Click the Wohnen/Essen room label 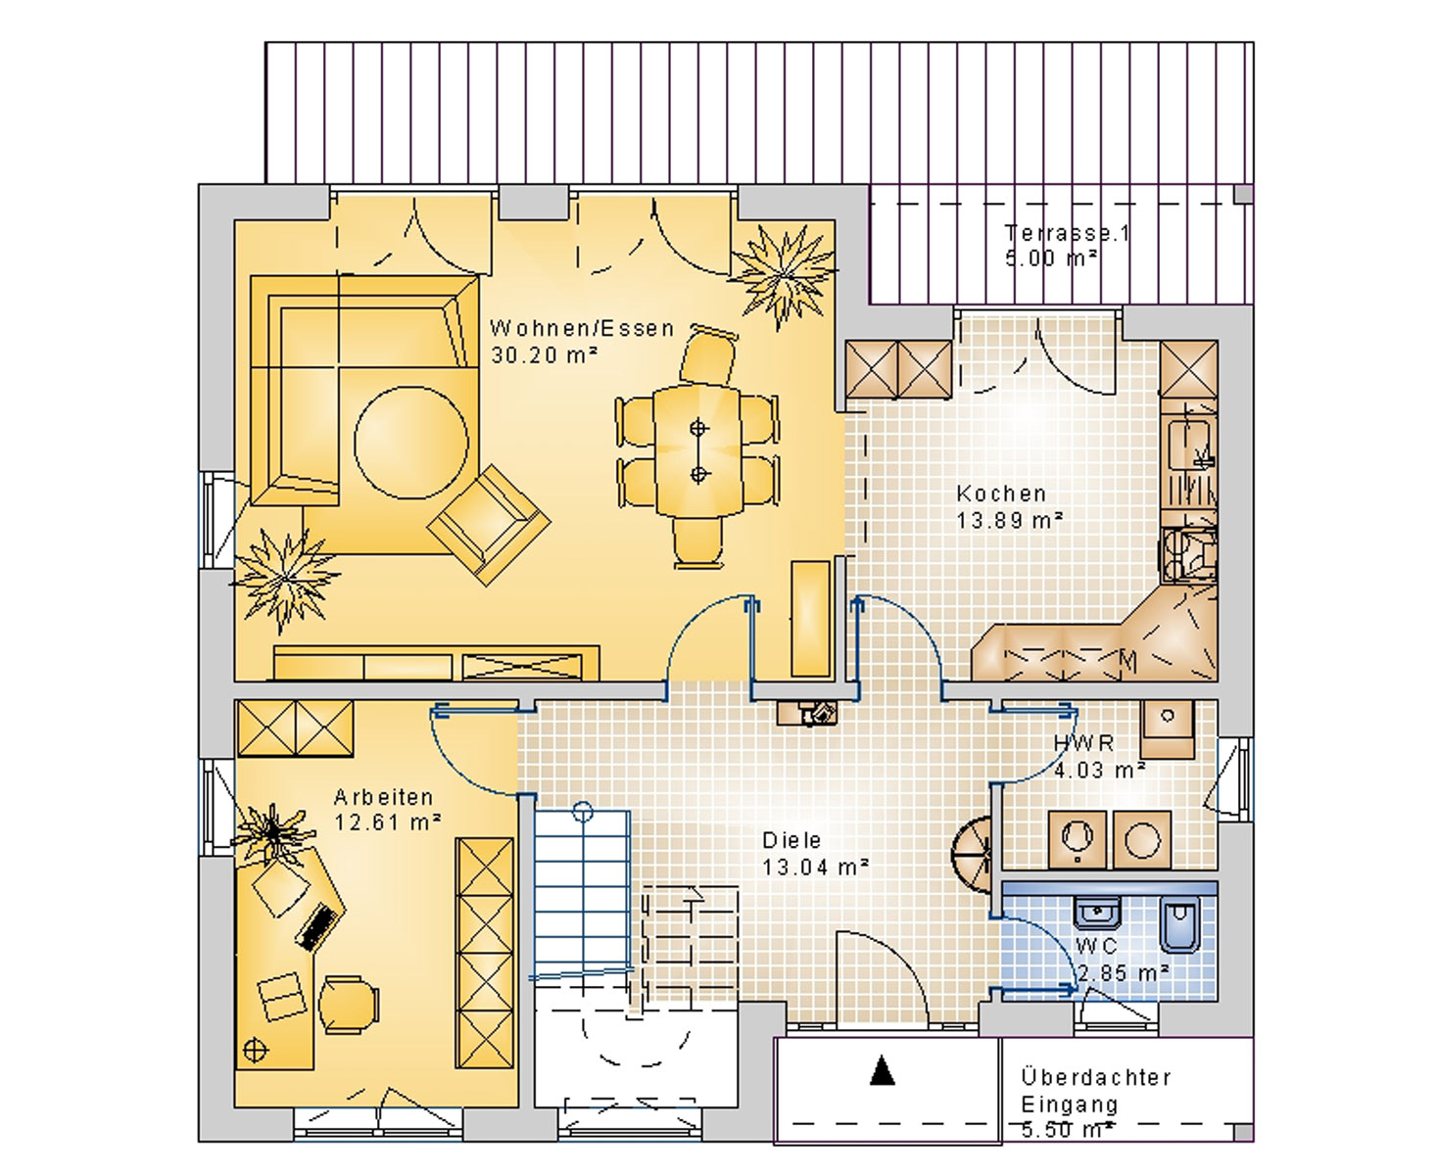click(582, 328)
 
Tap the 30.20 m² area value click(544, 354)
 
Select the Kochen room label click(1001, 493)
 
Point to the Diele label click(791, 840)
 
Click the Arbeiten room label click(383, 797)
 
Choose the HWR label click(1083, 743)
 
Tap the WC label click(1096, 946)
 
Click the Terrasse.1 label click(1067, 233)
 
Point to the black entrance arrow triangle click(883, 1069)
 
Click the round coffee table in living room click(410, 443)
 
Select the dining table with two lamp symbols click(698, 450)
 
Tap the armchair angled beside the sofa click(489, 525)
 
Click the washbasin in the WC click(1096, 912)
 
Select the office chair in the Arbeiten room click(349, 1005)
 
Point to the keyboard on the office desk click(320, 927)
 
